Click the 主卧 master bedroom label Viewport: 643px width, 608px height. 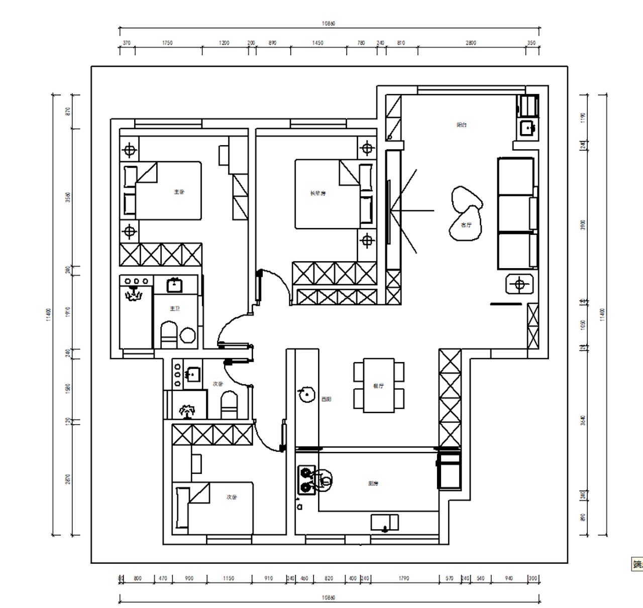[179, 192]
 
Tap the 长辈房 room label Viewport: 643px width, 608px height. [317, 193]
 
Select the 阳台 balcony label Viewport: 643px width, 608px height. [462, 125]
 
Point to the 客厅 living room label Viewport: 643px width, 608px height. [467, 225]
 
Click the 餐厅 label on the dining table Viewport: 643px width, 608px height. [378, 386]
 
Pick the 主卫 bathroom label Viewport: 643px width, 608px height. [174, 309]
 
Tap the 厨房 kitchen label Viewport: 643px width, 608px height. [373, 484]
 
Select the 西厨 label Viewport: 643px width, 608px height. [327, 400]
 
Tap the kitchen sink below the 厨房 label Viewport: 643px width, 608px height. [385, 522]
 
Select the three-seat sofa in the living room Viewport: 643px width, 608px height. [516, 213]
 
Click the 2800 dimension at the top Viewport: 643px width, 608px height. [471, 43]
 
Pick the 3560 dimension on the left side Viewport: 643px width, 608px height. [68, 197]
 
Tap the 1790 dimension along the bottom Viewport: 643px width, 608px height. [403, 578]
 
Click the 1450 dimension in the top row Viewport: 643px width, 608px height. [317, 43]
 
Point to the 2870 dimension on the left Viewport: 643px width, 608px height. [68, 479]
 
